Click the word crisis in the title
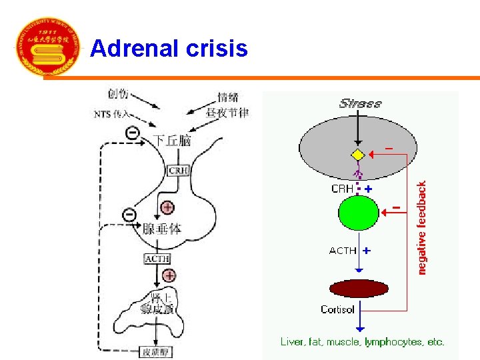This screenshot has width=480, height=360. tap(216, 48)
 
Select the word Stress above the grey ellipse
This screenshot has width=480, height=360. tap(360, 103)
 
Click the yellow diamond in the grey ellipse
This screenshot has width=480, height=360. tap(359, 155)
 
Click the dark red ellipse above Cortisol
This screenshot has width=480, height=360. tap(359, 289)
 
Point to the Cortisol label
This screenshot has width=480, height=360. tap(337, 309)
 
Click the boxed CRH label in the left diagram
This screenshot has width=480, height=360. tap(179, 171)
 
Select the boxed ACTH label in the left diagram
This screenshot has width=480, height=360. tap(157, 259)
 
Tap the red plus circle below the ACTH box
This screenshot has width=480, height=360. tap(169, 275)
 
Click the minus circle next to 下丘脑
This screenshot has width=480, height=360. tap(133, 133)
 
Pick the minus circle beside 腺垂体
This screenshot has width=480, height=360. tap(129, 215)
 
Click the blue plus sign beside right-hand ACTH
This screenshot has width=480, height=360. tap(367, 251)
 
